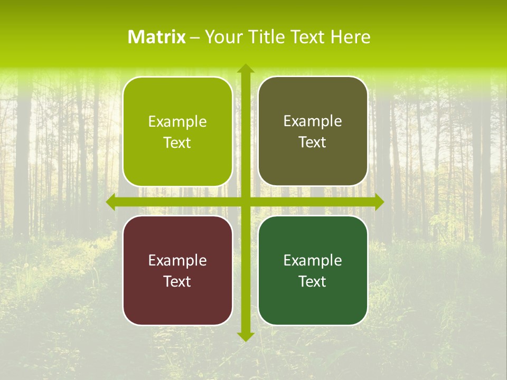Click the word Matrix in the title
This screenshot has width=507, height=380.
[157, 37]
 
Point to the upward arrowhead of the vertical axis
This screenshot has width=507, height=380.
[245, 69]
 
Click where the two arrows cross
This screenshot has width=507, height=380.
[245, 202]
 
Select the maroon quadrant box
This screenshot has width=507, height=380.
[177, 301]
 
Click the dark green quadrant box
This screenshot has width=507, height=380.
[313, 301]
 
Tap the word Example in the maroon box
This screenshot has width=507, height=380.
[177, 260]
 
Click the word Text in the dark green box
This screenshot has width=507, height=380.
[313, 281]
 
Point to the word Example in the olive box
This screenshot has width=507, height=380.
[313, 121]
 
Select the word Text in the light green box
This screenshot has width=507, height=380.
[177, 142]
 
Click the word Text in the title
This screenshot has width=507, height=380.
[307, 37]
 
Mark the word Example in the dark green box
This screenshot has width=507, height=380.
[313, 260]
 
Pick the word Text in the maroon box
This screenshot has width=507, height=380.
[177, 281]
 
